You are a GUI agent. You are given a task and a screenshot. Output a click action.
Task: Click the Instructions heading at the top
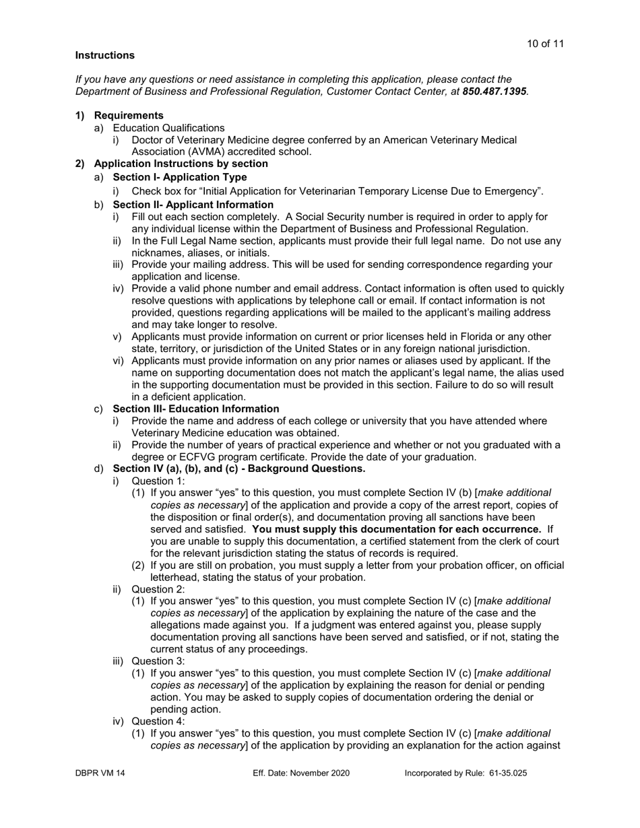coord(104,55)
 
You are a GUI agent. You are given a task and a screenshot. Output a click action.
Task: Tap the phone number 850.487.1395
coord(494,91)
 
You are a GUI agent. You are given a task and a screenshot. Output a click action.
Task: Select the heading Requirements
coord(129,115)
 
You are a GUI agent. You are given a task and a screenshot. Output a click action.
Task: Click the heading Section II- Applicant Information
coord(193,205)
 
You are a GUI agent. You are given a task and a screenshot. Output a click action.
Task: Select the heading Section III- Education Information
coord(195,409)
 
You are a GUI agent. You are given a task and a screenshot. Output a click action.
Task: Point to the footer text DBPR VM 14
coord(100,773)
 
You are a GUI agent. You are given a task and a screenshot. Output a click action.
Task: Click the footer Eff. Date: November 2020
coord(301,773)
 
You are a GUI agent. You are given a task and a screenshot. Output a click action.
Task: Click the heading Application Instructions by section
coord(181,164)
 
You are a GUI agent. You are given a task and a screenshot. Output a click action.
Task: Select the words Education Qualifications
coord(168,127)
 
